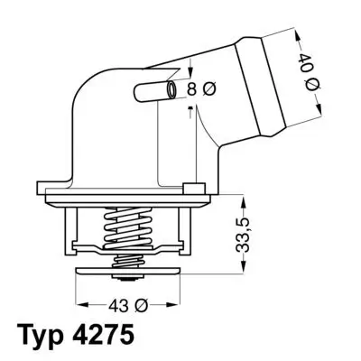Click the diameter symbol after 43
141,303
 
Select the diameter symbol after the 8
211,90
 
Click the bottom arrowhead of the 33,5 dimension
245,268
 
